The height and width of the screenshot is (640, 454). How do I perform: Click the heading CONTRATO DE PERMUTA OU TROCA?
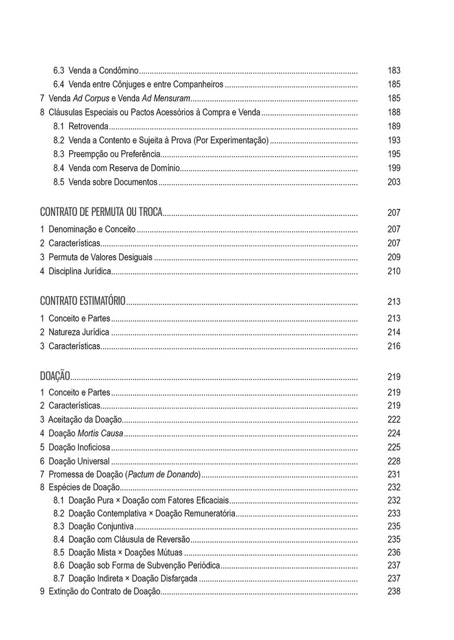[101, 213]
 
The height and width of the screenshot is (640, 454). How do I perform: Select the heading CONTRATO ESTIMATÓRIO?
[83, 301]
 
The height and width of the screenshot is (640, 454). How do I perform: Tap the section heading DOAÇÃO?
[55, 376]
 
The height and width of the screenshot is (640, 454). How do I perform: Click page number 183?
[394, 71]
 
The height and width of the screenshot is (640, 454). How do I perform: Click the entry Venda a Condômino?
[103, 71]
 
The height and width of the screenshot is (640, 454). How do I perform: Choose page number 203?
[394, 182]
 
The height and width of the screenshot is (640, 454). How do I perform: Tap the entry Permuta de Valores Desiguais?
[100, 257]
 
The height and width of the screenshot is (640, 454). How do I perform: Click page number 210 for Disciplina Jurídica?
[394, 271]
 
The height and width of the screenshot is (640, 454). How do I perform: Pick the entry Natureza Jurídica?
[79, 332]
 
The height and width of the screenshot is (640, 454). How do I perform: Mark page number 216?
[394, 346]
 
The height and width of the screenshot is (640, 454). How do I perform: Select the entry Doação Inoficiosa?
[79, 447]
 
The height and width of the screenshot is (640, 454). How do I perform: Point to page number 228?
[394, 461]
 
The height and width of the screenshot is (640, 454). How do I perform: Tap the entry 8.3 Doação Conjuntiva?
[94, 527]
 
